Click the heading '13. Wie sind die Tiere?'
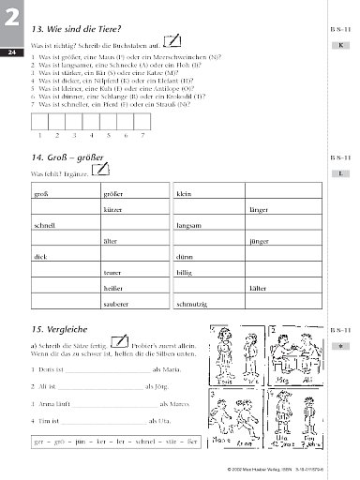point(76,30)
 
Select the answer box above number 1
point(43,122)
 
